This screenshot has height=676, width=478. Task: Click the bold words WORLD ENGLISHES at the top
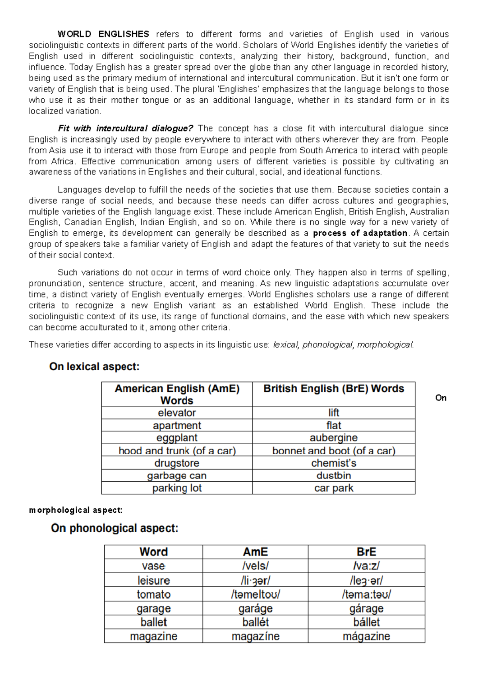coord(103,34)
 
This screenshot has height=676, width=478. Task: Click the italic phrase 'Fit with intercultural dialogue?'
coord(125,129)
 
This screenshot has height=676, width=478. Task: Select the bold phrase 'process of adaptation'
coord(360,233)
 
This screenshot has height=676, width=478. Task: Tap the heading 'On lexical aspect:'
coord(94,367)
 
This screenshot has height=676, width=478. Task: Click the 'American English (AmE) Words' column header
coord(177,394)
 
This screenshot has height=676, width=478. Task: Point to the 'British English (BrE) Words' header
coord(333,389)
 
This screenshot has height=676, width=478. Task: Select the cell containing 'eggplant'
coord(177,438)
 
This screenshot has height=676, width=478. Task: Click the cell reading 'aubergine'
coord(333,438)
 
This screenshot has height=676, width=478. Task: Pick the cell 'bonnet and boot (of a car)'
coord(333,451)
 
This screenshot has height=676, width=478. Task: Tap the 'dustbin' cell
coord(333,476)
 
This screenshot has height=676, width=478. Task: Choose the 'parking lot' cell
coord(177,488)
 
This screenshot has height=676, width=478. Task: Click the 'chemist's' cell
coord(333,463)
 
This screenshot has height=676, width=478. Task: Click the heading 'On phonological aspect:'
coord(115,528)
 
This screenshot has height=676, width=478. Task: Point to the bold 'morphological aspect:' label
coord(76,510)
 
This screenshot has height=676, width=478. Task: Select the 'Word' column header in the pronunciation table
coord(153,552)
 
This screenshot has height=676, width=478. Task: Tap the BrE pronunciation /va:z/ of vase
coord(366,566)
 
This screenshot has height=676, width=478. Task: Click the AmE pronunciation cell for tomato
coord(255,594)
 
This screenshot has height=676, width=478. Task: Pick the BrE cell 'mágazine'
coord(366,636)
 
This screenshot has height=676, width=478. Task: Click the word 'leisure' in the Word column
coord(153,580)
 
